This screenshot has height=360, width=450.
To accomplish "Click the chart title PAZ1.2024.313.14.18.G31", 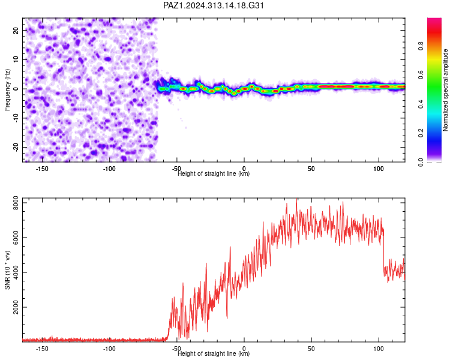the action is point(213,5).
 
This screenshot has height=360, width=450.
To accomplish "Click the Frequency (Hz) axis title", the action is point(7,90).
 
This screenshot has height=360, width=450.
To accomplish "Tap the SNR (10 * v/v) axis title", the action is point(7,270).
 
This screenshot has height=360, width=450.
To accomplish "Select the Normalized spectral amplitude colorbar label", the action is point(445,90).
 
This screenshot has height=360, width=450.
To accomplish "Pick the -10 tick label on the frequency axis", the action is point(16,118).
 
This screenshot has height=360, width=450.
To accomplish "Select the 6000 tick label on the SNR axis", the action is point(16,238).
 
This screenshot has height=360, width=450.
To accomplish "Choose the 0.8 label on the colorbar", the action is point(421,46).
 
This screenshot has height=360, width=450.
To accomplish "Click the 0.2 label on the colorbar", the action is point(421,133).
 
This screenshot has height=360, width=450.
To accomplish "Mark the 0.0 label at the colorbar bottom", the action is point(421,162).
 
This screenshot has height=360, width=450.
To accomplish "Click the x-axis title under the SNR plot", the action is point(214,353).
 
